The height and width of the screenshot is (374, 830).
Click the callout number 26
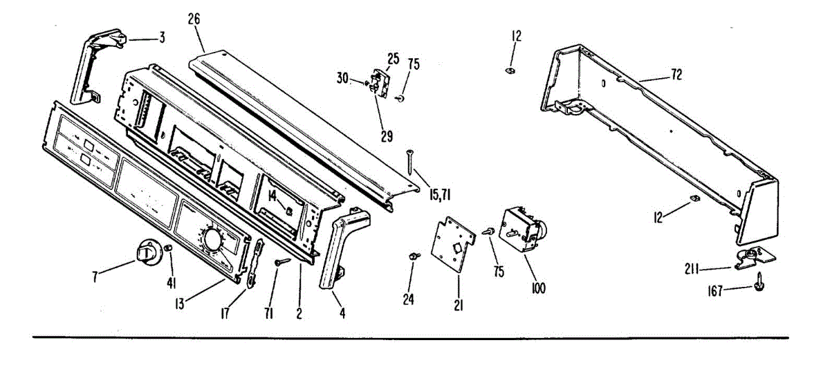194,19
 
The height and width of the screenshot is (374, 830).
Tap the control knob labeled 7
147,252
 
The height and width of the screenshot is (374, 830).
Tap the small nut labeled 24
413,256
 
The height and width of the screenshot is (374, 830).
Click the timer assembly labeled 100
522,229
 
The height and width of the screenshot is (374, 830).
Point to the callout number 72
676,75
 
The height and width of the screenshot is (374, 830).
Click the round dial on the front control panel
212,241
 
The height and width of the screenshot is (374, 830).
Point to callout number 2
299,312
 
